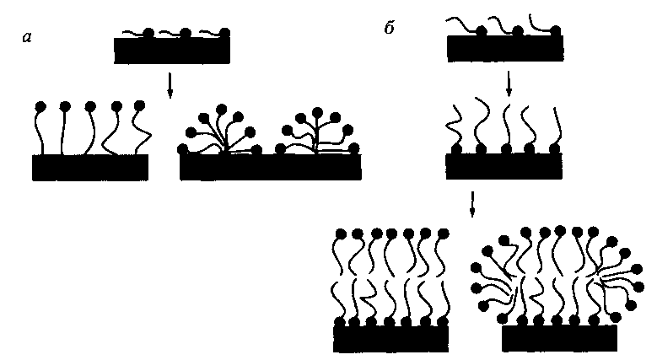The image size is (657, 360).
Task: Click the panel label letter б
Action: coord(389,28)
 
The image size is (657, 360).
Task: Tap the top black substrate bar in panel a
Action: coord(172,51)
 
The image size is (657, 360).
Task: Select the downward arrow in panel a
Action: coord(171,84)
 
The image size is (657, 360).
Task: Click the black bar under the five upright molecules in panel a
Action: coord(90,167)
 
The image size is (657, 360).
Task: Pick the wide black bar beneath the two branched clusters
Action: coord(271,167)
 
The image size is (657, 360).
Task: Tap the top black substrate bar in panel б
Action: coord(505,48)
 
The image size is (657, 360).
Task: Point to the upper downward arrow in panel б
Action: coord(509,84)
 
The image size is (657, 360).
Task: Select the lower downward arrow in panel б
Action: coord(473,203)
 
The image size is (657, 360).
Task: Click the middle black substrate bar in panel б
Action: coord(504,165)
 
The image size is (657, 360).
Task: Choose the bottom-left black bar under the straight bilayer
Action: coord(390,338)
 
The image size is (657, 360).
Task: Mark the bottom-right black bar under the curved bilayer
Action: coord(557,338)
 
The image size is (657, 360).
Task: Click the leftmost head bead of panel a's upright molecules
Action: coord(40,107)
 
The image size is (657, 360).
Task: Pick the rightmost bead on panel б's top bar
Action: coord(557,30)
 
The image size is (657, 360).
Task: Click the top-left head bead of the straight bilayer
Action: coord(342,232)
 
